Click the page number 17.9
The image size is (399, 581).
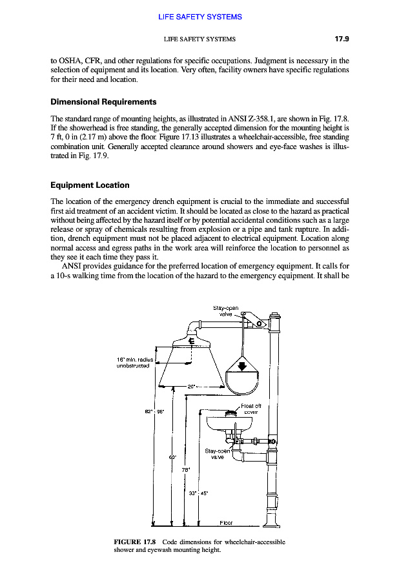coord(342,39)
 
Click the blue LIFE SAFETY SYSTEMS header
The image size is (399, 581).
coord(200,17)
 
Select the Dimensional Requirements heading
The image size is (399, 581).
coord(103,102)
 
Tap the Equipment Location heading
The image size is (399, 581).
coord(90,185)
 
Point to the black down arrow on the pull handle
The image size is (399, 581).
coord(242,367)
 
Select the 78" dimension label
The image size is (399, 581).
coord(185,469)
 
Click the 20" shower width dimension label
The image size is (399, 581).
coord(191,387)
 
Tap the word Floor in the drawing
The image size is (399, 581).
coord(226,522)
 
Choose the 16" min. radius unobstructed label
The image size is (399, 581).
coord(133,362)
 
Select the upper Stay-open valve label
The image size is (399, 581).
coord(226,311)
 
